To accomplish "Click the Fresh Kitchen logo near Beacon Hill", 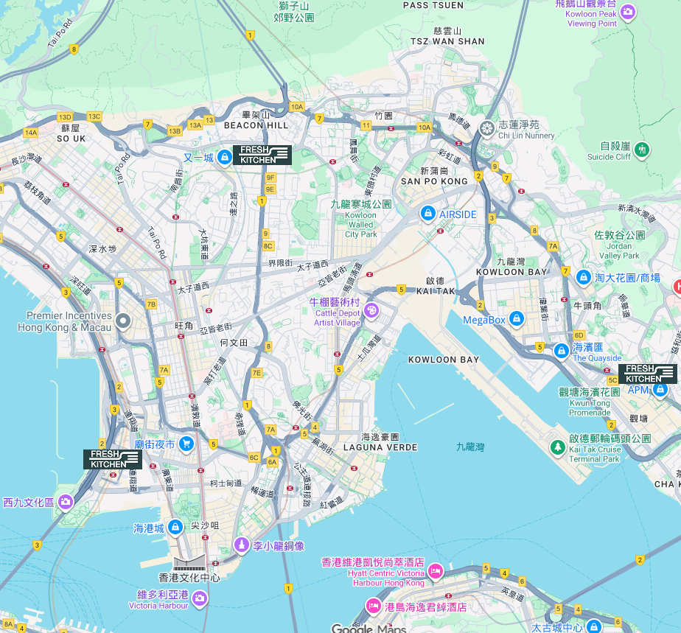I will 262,155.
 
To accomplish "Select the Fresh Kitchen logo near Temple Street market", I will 112,459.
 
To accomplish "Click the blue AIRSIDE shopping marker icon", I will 427,214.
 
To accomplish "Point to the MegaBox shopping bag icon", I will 517,319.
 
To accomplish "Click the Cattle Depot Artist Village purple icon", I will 370,310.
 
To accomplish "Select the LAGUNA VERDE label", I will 380,447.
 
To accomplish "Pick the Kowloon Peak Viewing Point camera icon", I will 627,11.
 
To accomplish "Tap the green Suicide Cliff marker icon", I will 642,150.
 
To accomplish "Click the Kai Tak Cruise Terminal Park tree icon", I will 558,447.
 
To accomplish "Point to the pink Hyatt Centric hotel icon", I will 435,571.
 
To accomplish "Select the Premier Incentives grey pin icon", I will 124,321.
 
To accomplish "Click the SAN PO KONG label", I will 434,181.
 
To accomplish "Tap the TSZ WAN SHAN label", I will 447,41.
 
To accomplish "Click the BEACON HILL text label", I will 256,126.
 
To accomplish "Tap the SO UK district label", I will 71,139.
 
